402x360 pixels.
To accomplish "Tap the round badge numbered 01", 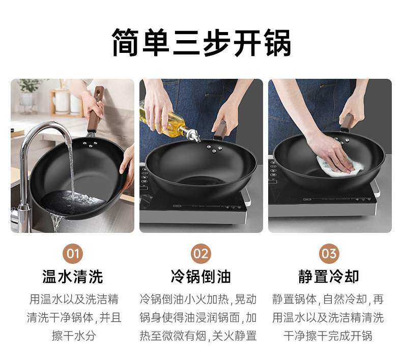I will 73,254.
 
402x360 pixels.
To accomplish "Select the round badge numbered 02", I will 200,254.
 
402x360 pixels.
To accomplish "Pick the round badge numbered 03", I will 329,254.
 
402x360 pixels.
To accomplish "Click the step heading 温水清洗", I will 73,277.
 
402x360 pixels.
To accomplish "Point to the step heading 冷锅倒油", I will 200,277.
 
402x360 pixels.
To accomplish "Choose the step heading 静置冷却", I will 329,277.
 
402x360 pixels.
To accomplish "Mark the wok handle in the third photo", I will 348,122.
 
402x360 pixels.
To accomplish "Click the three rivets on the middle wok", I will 214,148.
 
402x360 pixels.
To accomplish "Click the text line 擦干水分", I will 73,336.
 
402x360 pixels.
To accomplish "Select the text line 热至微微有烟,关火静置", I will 200,336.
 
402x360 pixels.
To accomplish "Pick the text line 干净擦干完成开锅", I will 329,336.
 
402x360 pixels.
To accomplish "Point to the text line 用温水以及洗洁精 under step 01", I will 73,299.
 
